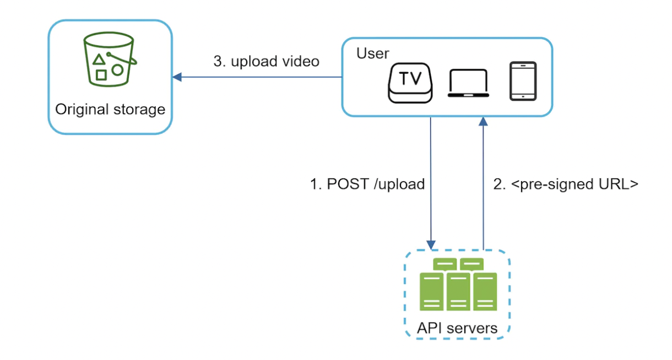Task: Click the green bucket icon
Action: point(109,59)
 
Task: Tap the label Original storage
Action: point(110,109)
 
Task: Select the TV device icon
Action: point(410,83)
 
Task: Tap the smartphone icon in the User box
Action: point(523,81)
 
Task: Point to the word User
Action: point(372,53)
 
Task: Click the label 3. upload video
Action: point(266,61)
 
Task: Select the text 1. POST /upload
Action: point(367,184)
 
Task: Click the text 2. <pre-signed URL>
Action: point(565,184)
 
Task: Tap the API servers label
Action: point(457,328)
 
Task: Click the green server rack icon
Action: point(458,284)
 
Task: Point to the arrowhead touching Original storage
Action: point(176,77)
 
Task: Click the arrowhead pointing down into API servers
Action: point(431,244)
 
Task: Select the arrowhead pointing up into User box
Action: point(484,121)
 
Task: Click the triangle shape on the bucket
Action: point(98,59)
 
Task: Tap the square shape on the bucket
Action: point(101,74)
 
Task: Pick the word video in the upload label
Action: point(301,61)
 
